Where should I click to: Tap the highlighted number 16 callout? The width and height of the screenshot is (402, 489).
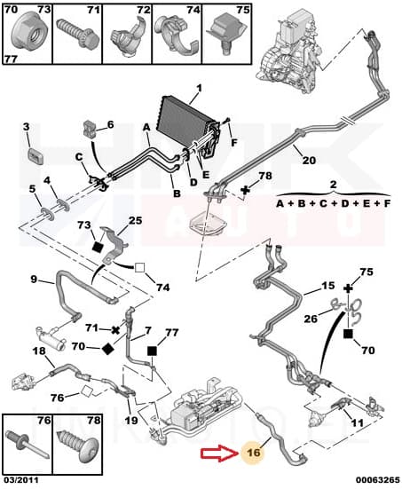click(x=252, y=453)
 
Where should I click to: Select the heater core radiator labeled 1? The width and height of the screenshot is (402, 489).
click(x=189, y=122)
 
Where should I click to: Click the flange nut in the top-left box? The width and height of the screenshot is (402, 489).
click(x=28, y=34)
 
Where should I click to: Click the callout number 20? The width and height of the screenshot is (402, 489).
click(x=309, y=161)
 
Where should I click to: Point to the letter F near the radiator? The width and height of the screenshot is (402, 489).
click(x=234, y=143)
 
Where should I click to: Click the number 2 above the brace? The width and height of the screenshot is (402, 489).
click(x=333, y=185)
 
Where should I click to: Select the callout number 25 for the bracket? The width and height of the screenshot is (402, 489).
click(x=135, y=220)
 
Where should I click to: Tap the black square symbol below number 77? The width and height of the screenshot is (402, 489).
click(x=153, y=351)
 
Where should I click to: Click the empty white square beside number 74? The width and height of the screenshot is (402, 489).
click(x=139, y=268)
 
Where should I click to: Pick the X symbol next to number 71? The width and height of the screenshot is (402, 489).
click(x=115, y=330)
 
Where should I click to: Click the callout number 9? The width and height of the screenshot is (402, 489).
click(x=34, y=279)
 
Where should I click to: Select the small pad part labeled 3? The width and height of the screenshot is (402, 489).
click(x=35, y=155)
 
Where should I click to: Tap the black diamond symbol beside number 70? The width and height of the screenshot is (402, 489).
click(x=108, y=349)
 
